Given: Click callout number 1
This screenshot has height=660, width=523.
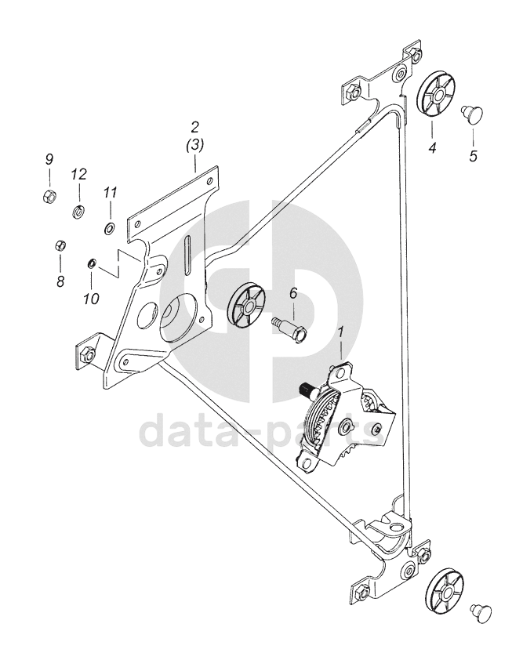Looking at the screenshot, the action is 341,333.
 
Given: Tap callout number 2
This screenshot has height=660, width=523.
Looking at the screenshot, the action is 195,126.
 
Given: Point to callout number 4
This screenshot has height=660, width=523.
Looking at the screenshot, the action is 430,146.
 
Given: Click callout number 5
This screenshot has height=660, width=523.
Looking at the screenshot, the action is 473,156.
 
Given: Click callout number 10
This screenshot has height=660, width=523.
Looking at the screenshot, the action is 91,298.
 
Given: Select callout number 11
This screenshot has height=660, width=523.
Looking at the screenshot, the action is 110,192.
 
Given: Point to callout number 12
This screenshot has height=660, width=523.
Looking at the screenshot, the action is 78,173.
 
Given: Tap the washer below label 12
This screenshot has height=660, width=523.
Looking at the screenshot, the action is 78,211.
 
